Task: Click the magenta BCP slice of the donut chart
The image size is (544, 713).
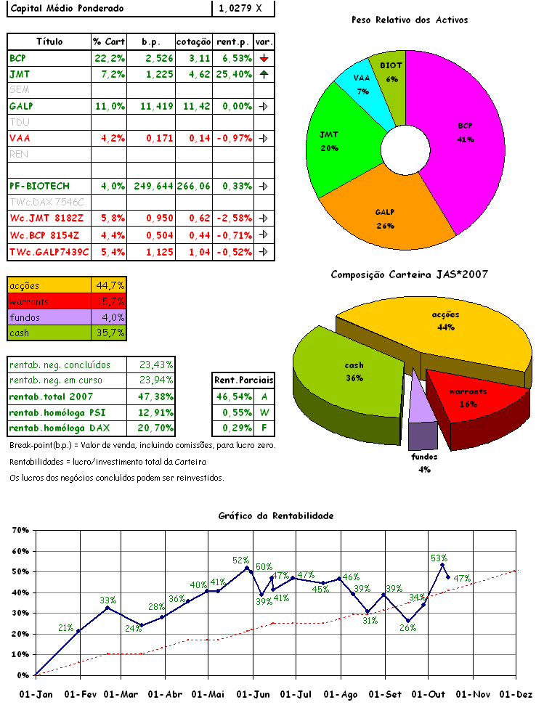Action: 465,145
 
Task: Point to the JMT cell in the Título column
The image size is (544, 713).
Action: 20,74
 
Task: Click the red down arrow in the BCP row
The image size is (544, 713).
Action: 264,58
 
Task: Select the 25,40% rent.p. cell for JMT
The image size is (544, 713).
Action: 233,74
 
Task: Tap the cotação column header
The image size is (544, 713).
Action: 194,41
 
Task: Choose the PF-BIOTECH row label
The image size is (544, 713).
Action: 39,186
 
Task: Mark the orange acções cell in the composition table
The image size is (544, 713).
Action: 49,285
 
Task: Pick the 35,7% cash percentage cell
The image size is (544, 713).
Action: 110,333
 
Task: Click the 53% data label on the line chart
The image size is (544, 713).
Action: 439,558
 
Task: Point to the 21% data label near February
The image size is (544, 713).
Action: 65,628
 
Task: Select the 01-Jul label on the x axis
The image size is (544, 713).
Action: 296,694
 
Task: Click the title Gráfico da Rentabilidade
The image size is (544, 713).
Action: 276,516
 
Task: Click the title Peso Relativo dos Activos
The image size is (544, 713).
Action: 409,20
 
